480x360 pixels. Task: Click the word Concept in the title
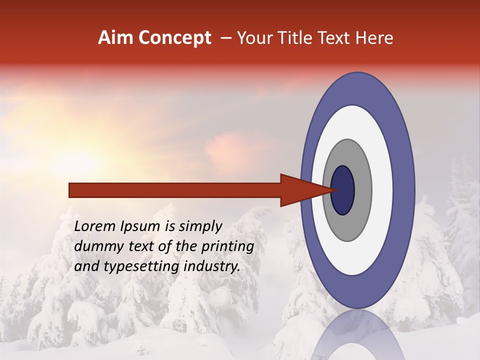click(174, 38)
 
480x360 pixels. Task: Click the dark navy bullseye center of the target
click(343, 190)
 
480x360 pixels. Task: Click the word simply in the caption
click(198, 226)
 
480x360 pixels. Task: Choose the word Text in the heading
click(336, 38)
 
